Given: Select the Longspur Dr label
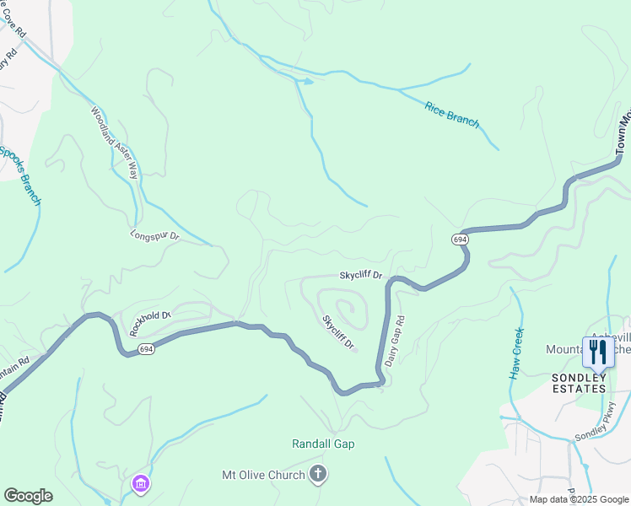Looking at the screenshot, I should (x=155, y=236).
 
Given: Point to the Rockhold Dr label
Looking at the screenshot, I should (x=151, y=324).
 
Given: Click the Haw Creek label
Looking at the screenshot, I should (x=518, y=353).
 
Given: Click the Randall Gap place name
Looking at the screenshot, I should (x=323, y=444).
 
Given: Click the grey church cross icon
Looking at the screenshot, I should (x=318, y=475).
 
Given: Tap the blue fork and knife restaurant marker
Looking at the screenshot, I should (x=598, y=352).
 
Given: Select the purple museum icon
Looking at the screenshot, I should (x=141, y=484).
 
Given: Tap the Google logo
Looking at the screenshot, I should (x=28, y=496).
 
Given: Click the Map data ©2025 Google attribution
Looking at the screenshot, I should (x=579, y=499).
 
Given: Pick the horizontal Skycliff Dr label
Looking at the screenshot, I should (x=361, y=276).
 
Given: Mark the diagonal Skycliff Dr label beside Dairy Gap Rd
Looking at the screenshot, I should (x=337, y=334).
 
